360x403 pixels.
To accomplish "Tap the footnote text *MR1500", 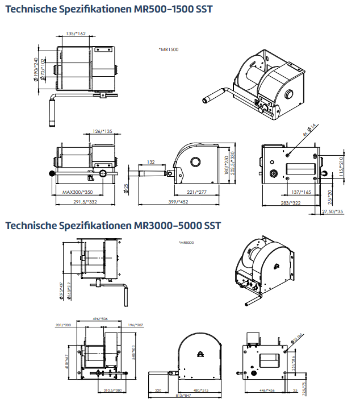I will [x=169, y=49].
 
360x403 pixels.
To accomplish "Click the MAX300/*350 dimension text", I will [x=76, y=192].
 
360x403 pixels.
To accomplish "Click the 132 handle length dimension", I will [x=151, y=162].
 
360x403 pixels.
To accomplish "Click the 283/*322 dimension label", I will [x=290, y=202].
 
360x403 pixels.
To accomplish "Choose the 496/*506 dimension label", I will [x=98, y=319].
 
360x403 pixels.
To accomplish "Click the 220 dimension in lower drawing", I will [x=158, y=390].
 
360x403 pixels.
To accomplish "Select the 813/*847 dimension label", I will [x=183, y=396].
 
